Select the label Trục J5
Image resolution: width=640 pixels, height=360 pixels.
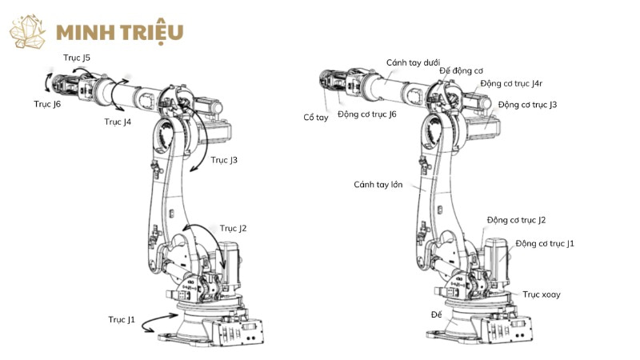coord(77,58)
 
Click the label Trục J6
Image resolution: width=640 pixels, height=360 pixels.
coord(47,104)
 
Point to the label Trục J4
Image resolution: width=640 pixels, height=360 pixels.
coord(118,122)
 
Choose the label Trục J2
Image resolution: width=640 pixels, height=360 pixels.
coord(233,229)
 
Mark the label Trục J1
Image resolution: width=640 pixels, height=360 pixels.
coord(122,319)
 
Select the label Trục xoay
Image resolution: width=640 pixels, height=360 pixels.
coord(542,294)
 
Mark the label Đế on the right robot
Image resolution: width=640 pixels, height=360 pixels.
coord(437,314)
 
